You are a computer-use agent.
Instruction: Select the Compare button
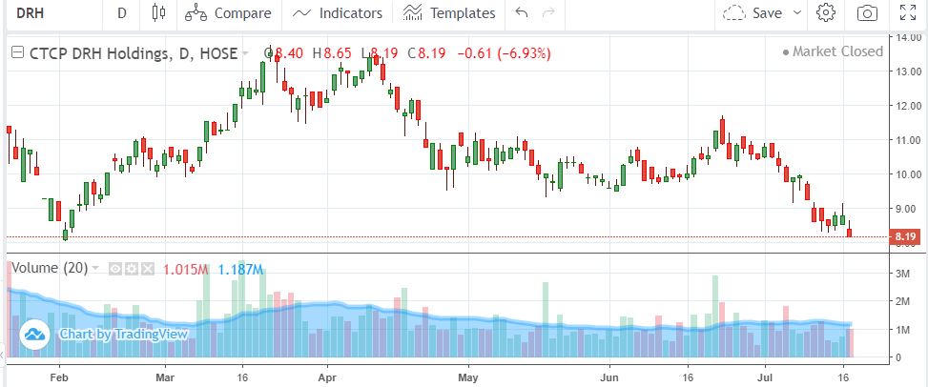pos(229,13)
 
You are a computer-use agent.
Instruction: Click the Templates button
pos(449,13)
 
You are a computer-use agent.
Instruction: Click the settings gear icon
pos(826,13)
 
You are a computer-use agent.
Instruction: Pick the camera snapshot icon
pos(867,13)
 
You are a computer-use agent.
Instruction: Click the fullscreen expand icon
pos(909,13)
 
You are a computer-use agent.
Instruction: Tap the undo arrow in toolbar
pos(521,13)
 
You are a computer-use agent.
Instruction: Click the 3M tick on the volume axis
pos(903,275)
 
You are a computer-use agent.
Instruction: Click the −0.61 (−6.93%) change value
pos(505,53)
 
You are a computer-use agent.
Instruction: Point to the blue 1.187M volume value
pos(240,269)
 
